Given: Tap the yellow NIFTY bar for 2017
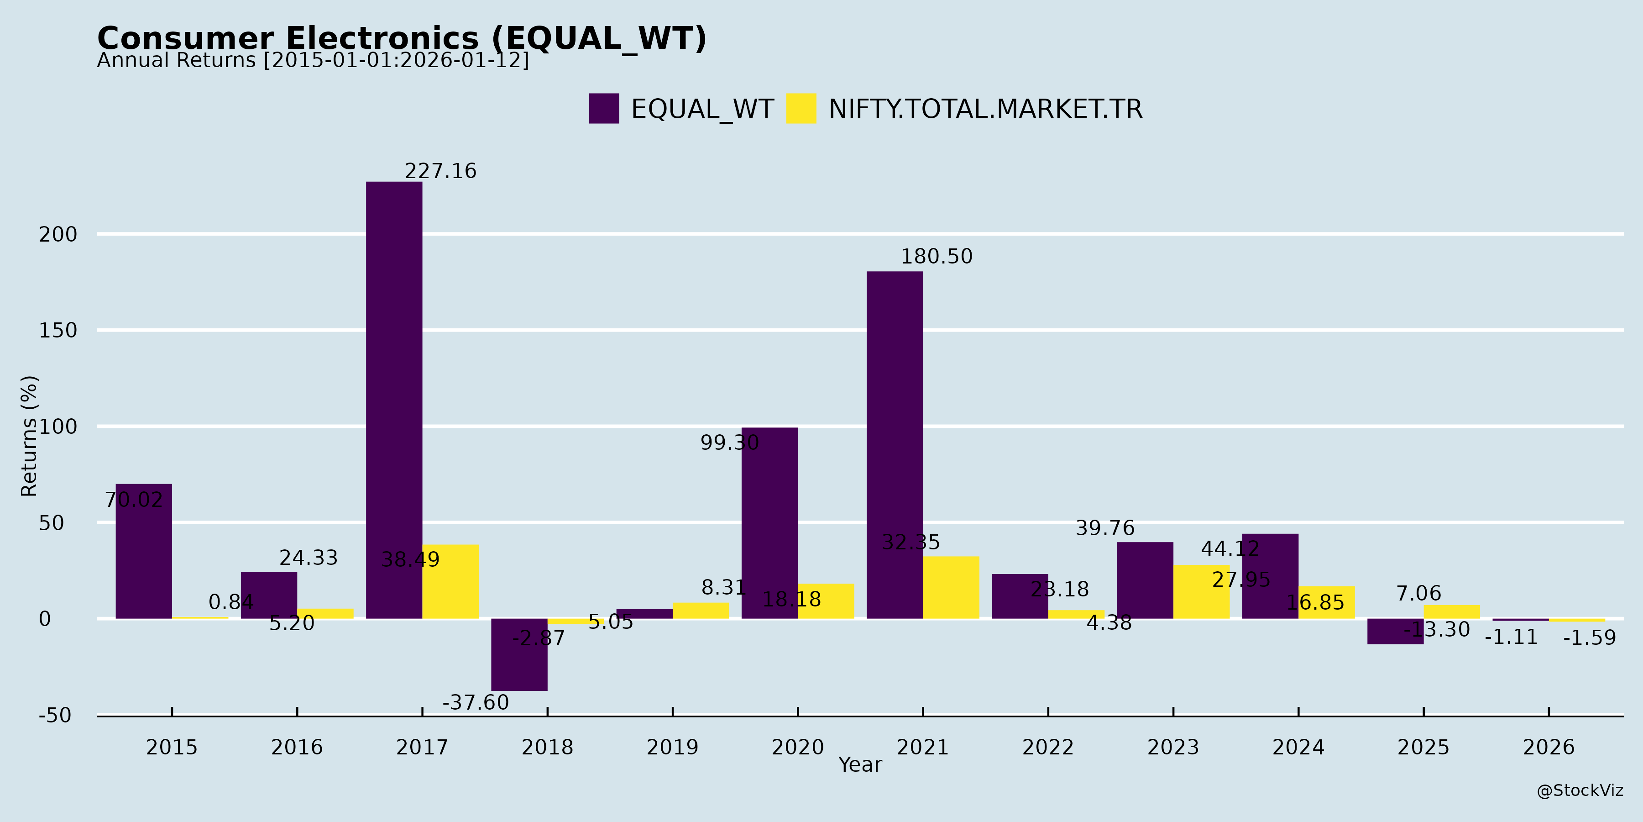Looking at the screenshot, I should [x=450, y=581].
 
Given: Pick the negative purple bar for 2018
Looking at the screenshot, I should [x=519, y=654].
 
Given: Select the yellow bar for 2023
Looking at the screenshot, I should [x=1201, y=591].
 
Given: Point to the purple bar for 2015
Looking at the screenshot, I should [x=143, y=551].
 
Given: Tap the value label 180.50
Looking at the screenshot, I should [x=937, y=257].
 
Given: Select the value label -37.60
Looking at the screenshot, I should [x=476, y=703].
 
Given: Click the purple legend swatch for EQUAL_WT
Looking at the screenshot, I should [x=603, y=109].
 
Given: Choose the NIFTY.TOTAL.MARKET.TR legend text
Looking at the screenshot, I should [x=985, y=109].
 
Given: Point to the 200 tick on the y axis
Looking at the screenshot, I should [x=58, y=235].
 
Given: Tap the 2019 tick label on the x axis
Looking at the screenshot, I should [x=672, y=747].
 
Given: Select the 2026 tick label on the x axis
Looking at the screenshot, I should [x=1548, y=747].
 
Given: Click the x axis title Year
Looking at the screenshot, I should [x=860, y=764].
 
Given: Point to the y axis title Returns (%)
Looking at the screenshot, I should [x=29, y=436].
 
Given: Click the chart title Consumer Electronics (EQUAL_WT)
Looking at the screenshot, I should [x=402, y=38].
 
